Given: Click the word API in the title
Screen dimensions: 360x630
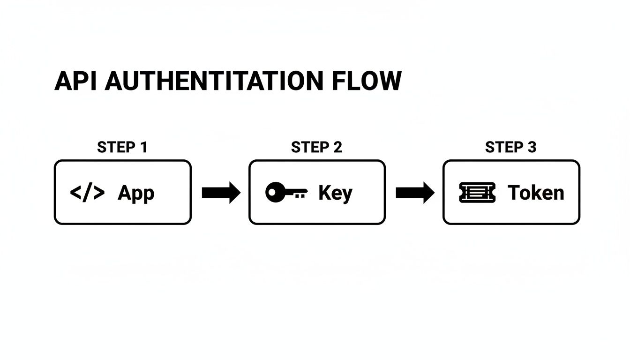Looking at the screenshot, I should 76,82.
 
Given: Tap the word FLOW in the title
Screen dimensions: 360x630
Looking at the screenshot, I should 367,82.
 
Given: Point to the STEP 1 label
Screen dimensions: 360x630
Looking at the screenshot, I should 122,147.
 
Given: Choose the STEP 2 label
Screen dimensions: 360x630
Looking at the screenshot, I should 316,147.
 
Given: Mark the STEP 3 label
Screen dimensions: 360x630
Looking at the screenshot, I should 510,147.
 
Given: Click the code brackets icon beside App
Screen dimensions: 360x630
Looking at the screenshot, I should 87,193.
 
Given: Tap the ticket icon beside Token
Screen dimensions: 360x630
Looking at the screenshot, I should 477,193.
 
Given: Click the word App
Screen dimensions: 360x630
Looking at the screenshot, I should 136,193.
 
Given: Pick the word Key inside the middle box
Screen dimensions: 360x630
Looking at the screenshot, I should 335,193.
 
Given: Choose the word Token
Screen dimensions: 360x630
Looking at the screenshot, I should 536,193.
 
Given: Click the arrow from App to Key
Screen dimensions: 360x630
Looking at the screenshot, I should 220,193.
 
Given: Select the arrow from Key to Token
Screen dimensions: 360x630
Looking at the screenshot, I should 414,193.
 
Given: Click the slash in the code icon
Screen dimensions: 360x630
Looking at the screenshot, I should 87,193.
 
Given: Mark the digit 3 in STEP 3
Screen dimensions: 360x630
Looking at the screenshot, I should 531,147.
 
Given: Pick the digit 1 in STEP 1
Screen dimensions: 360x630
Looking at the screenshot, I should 143,147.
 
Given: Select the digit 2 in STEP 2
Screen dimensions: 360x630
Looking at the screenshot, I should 337,147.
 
